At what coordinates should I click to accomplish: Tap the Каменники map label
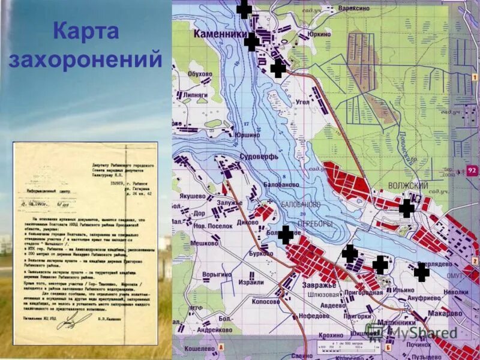pos(220,35)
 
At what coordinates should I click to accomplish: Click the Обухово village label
pos(200,74)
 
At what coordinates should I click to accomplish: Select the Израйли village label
pos(250,282)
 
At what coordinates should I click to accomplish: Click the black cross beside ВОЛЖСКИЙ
pos(407,208)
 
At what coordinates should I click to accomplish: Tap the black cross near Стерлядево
pos(422,272)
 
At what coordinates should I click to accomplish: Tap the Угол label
pos(302,102)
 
